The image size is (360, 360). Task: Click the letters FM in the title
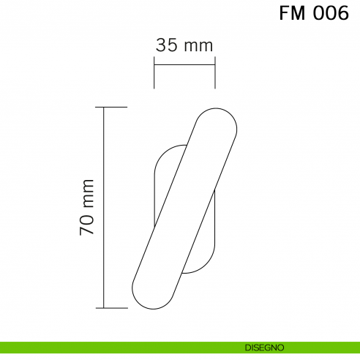coord(293,14)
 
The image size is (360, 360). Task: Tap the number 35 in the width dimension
coord(168,45)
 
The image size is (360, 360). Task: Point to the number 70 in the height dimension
coord(87,225)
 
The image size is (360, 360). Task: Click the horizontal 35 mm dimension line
coord(184,65)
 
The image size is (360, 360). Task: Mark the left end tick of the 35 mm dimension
coord(154,76)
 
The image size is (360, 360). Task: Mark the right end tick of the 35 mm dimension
coord(214,76)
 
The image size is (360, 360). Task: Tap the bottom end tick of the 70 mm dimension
coord(115,308)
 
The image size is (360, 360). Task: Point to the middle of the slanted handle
coord(184,208)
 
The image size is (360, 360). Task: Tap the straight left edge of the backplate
coord(154,198)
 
